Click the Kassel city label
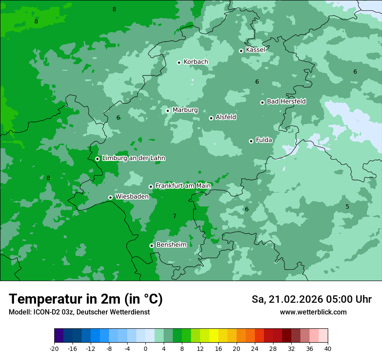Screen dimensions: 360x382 (255, 50)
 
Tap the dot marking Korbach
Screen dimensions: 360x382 (179, 62)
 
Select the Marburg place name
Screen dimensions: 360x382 (185, 110)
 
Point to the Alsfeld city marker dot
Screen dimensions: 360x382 (211, 118)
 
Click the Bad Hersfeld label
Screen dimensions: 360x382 (286, 101)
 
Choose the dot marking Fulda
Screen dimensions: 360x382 (251, 141)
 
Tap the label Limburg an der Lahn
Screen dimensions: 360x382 (133, 158)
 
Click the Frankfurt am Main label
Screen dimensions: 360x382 (183, 186)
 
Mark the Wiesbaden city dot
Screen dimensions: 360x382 (110, 197)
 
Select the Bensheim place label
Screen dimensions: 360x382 (171, 245)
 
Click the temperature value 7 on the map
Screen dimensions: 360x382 (175, 216)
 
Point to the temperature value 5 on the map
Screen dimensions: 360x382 (347, 206)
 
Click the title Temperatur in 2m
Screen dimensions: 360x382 (86, 299)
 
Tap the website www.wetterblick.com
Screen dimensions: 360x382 (313, 312)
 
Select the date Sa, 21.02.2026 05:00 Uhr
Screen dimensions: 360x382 (311, 299)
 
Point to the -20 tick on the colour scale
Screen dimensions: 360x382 (54, 348)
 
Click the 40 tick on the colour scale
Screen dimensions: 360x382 (327, 348)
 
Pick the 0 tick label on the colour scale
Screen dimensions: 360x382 (145, 348)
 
